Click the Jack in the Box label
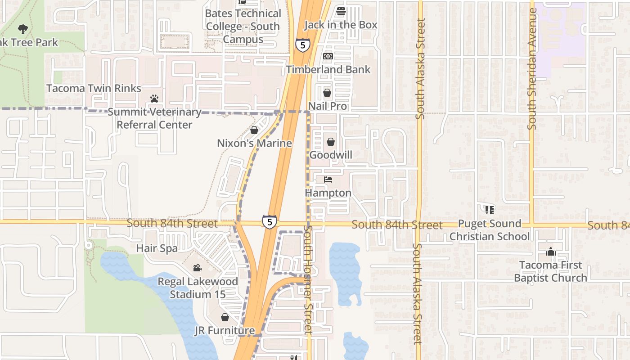coord(341,25)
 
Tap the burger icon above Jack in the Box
coord(341,11)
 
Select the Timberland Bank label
coord(328,69)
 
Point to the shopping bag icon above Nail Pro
coord(327,93)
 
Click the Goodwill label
coord(331,155)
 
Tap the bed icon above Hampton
coord(328,179)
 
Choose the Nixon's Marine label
coord(254,144)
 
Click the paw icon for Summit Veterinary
coord(154,98)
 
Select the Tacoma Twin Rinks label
coord(94,88)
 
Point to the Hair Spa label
coord(157,248)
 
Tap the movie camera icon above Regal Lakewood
coord(197,268)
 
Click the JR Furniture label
coord(225,331)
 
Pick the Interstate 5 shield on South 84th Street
coord(269,221)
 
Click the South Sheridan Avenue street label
coord(532,70)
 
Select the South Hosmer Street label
coord(308,280)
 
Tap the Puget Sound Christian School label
coord(489,230)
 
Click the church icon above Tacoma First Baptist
coord(550,252)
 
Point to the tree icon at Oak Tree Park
coord(23,30)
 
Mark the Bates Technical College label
coord(243,26)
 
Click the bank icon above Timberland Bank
coord(328,56)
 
